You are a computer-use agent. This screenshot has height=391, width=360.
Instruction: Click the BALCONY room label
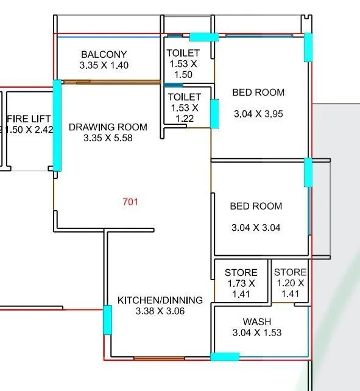104,55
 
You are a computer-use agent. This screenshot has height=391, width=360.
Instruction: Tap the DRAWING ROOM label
108,127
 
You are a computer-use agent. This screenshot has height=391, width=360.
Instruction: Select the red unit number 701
130,202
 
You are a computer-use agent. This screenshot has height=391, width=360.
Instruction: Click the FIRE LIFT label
28,118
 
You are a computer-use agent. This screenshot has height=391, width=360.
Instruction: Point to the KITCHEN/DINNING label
160,300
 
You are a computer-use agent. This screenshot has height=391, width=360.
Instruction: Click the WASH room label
257,322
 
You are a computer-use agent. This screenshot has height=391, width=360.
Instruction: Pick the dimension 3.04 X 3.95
258,113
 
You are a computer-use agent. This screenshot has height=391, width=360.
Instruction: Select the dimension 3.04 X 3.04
256,228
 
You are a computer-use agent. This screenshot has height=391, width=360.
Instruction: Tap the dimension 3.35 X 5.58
108,138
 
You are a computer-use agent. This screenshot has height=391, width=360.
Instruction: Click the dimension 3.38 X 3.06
160,311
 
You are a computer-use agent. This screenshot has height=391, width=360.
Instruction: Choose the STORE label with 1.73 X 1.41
241,272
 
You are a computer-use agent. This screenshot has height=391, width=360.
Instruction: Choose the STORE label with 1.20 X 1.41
290,272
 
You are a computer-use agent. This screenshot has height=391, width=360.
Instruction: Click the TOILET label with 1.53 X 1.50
182,54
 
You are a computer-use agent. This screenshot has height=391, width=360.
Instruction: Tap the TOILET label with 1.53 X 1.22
184,97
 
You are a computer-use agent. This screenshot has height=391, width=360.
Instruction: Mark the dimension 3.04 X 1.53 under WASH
257,333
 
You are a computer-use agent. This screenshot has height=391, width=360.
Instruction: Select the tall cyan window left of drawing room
57,126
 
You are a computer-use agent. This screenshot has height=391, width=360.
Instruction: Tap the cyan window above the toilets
203,37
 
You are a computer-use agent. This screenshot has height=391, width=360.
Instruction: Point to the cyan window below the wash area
225,357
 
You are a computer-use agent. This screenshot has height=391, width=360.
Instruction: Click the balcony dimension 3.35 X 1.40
104,65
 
